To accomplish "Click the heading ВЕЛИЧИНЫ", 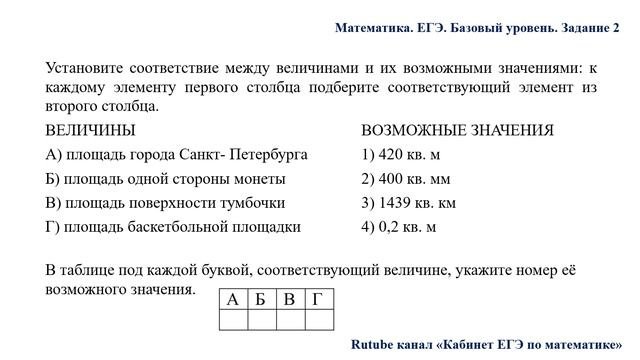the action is point(91,131).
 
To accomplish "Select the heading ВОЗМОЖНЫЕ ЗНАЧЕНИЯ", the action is point(457,131).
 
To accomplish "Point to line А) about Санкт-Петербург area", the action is point(177,155).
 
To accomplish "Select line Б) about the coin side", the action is point(166,179).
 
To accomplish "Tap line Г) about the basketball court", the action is point(173,227).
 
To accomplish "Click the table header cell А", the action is point(233,300).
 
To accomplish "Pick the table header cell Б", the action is point(261,300).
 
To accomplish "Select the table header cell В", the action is point(289,300).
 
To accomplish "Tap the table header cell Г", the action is point(317,300).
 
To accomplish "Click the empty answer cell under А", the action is point(233,320).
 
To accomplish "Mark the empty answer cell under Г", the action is point(317,320).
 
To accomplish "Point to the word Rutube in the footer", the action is point(374,343).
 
